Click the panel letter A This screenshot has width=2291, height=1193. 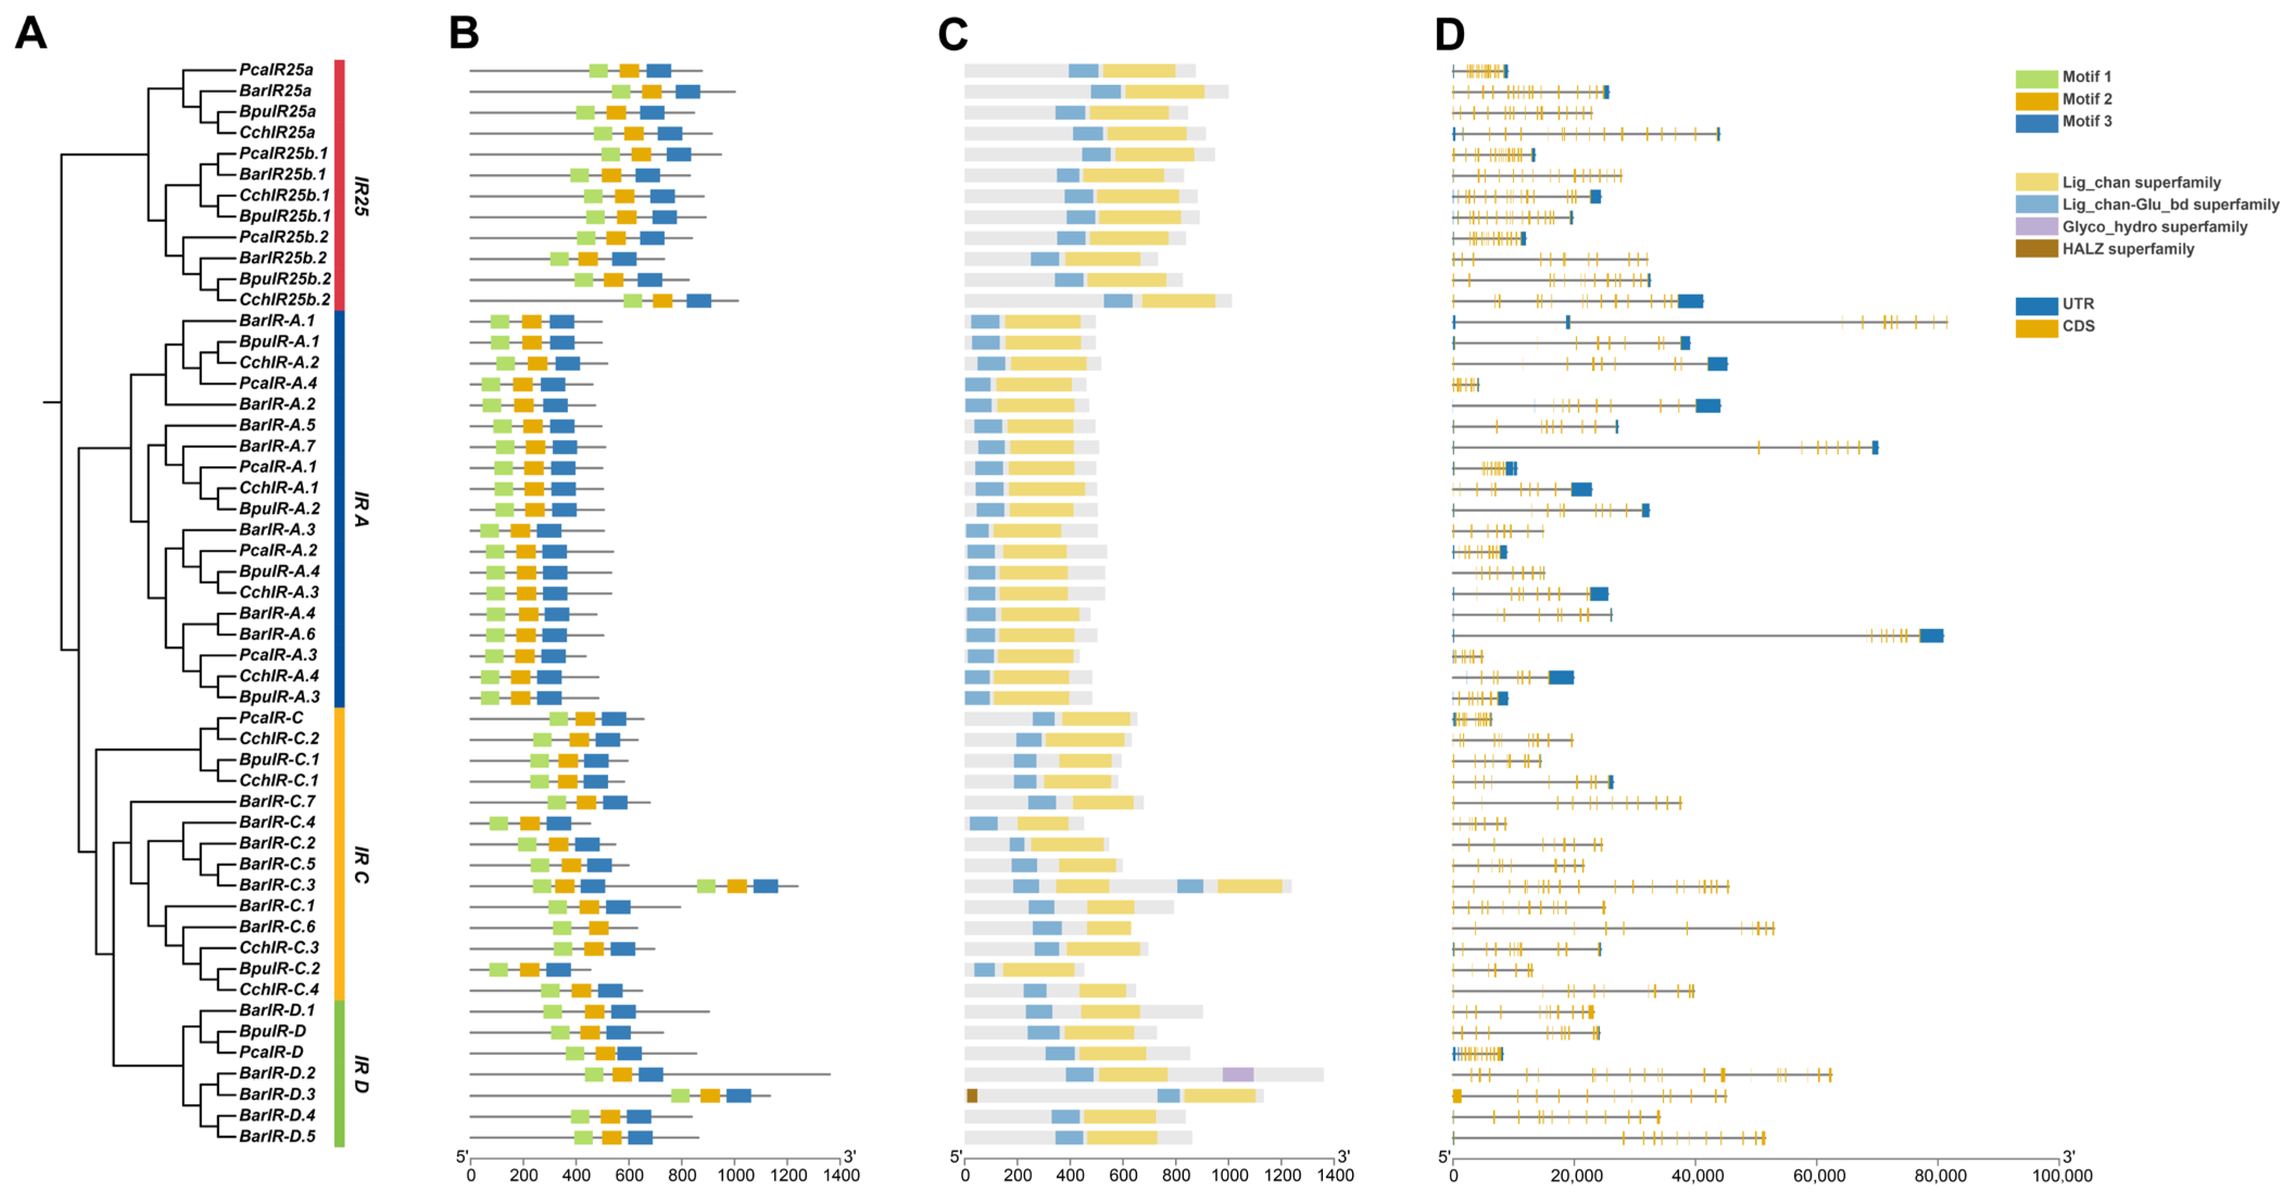[31, 34]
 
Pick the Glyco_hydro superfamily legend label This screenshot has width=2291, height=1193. [2154, 227]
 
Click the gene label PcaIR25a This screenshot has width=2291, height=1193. [276, 70]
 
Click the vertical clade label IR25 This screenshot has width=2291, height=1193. [360, 195]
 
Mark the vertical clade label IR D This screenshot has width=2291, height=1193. [360, 1074]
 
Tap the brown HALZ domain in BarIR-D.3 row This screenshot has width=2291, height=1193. [972, 1096]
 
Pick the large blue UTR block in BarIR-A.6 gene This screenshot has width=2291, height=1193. [1931, 635]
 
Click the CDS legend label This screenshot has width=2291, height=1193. [2079, 326]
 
